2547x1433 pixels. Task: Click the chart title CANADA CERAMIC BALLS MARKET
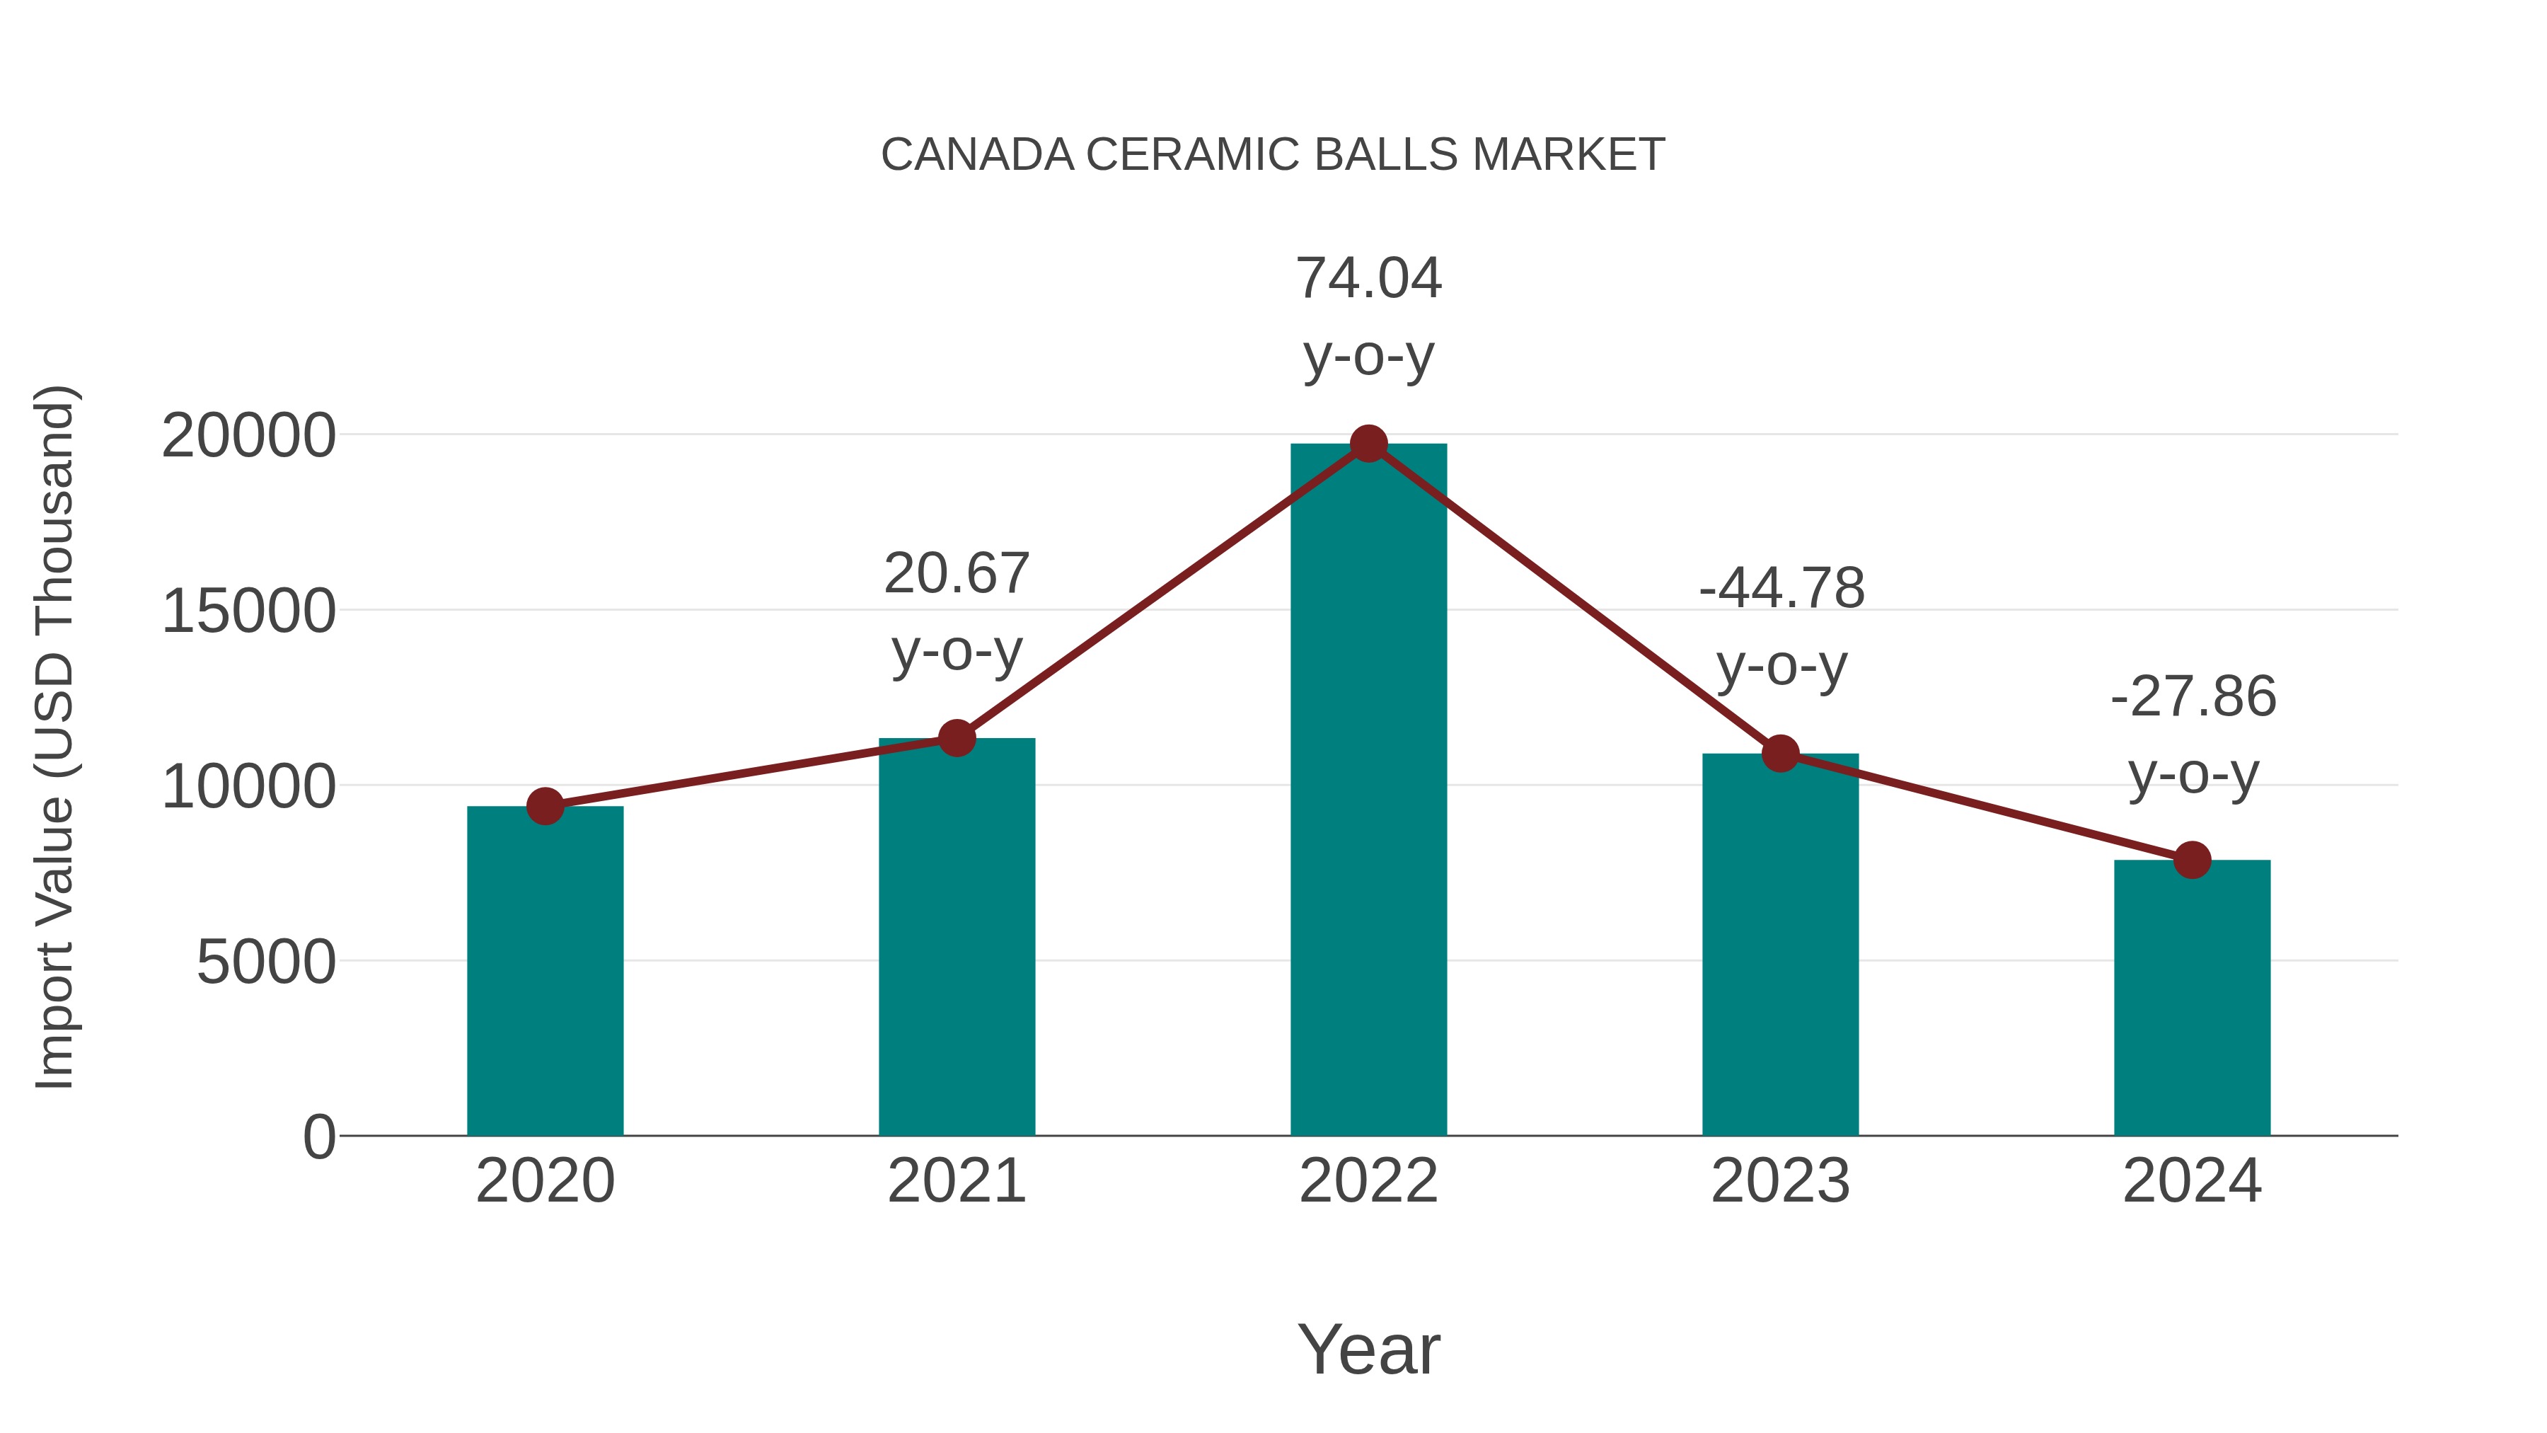(x=1273, y=155)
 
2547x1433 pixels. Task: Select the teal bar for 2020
(x=545, y=974)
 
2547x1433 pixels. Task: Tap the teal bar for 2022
(x=1368, y=791)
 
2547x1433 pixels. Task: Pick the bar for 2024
(x=2192, y=999)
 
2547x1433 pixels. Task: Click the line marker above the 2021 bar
(x=956, y=738)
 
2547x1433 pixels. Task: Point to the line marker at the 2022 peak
(x=1368, y=444)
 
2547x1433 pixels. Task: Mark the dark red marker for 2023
(x=1780, y=754)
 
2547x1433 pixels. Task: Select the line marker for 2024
(x=2192, y=859)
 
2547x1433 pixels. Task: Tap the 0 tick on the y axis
(x=318, y=1137)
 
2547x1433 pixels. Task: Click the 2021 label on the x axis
(x=956, y=1181)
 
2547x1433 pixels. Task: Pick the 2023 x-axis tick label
(x=1780, y=1181)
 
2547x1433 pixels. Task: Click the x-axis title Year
(x=1368, y=1349)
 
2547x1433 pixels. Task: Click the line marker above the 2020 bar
(x=545, y=806)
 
